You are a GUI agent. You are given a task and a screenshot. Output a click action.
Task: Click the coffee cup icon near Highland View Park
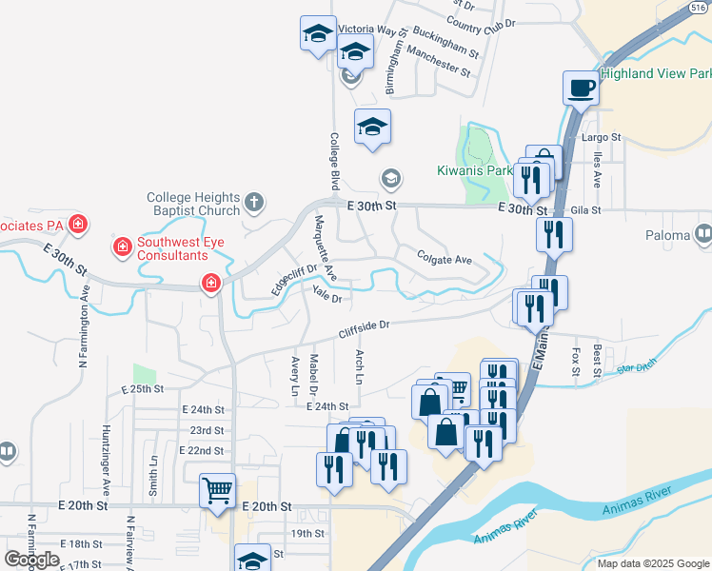click(580, 89)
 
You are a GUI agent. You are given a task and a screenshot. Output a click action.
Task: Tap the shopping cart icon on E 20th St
click(217, 491)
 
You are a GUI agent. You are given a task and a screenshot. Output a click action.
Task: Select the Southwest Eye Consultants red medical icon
click(122, 248)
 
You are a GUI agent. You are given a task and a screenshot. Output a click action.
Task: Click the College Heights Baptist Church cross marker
click(252, 202)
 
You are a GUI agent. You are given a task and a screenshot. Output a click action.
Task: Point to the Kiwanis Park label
click(476, 170)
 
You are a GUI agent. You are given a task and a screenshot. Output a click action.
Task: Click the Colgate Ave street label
click(444, 259)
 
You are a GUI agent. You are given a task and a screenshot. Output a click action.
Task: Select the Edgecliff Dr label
click(292, 278)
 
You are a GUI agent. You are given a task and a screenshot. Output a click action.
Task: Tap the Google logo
click(31, 559)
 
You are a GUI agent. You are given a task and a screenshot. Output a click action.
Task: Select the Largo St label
click(601, 137)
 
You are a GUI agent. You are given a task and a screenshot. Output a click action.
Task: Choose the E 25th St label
click(143, 389)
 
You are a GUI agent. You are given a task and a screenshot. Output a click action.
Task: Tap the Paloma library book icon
click(703, 234)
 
